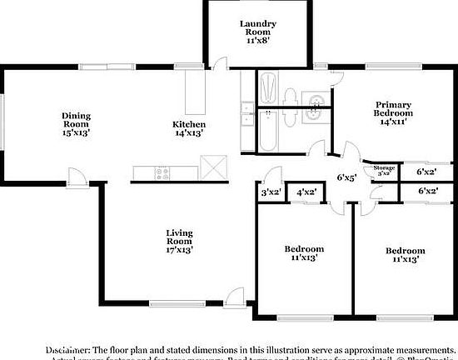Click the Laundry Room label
257,30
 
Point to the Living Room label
179,239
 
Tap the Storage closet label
383,170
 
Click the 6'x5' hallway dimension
346,177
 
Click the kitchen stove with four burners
162,173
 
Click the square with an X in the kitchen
214,167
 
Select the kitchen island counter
196,92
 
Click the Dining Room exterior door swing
77,177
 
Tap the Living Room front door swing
236,297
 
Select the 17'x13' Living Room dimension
179,249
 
